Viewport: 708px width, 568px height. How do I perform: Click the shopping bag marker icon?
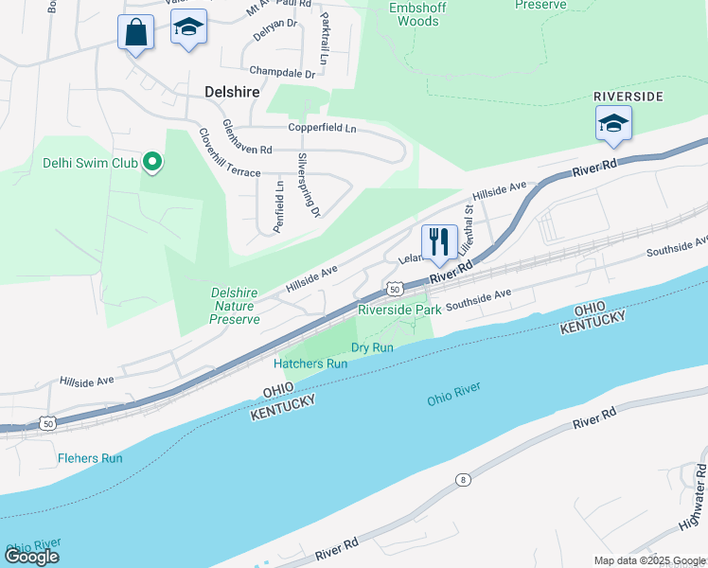[x=136, y=32]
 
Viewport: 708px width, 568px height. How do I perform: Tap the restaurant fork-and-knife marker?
[x=438, y=241]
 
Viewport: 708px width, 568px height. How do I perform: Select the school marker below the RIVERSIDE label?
[x=613, y=123]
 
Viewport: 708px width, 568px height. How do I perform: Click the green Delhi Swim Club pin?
[x=151, y=163]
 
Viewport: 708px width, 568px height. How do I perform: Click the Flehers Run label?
[x=90, y=458]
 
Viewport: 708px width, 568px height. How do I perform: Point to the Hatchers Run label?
[x=310, y=364]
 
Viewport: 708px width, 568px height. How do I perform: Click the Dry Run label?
[x=372, y=347]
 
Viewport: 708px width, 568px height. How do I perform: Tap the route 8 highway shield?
[x=463, y=480]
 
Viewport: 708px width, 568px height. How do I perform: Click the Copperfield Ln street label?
[x=323, y=128]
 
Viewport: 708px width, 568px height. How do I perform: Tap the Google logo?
[x=32, y=557]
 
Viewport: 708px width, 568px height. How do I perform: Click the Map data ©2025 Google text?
[x=648, y=560]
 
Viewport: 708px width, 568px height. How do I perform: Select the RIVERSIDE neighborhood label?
[x=628, y=97]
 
